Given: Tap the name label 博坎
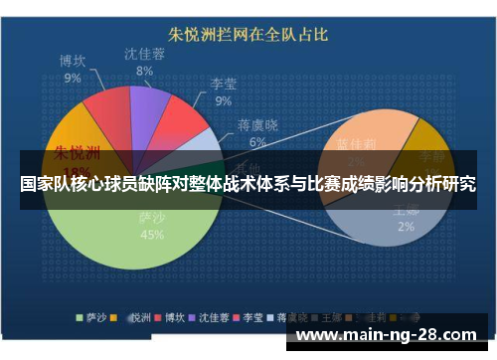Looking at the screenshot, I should [x=72, y=61].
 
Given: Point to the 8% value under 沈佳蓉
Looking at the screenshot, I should [x=144, y=71].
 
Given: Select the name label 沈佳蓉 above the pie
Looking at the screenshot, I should [x=144, y=55].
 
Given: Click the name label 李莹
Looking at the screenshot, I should [x=223, y=85].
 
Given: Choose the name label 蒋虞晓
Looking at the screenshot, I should [x=257, y=124].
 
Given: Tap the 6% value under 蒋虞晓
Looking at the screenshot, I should [x=257, y=141].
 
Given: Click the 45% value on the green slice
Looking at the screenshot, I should [x=152, y=236].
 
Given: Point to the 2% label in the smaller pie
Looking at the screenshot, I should [x=406, y=227].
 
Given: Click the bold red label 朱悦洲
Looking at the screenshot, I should [x=77, y=153].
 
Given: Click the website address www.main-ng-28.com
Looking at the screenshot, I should [x=394, y=334].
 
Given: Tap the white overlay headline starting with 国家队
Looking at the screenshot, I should [x=248, y=184].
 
